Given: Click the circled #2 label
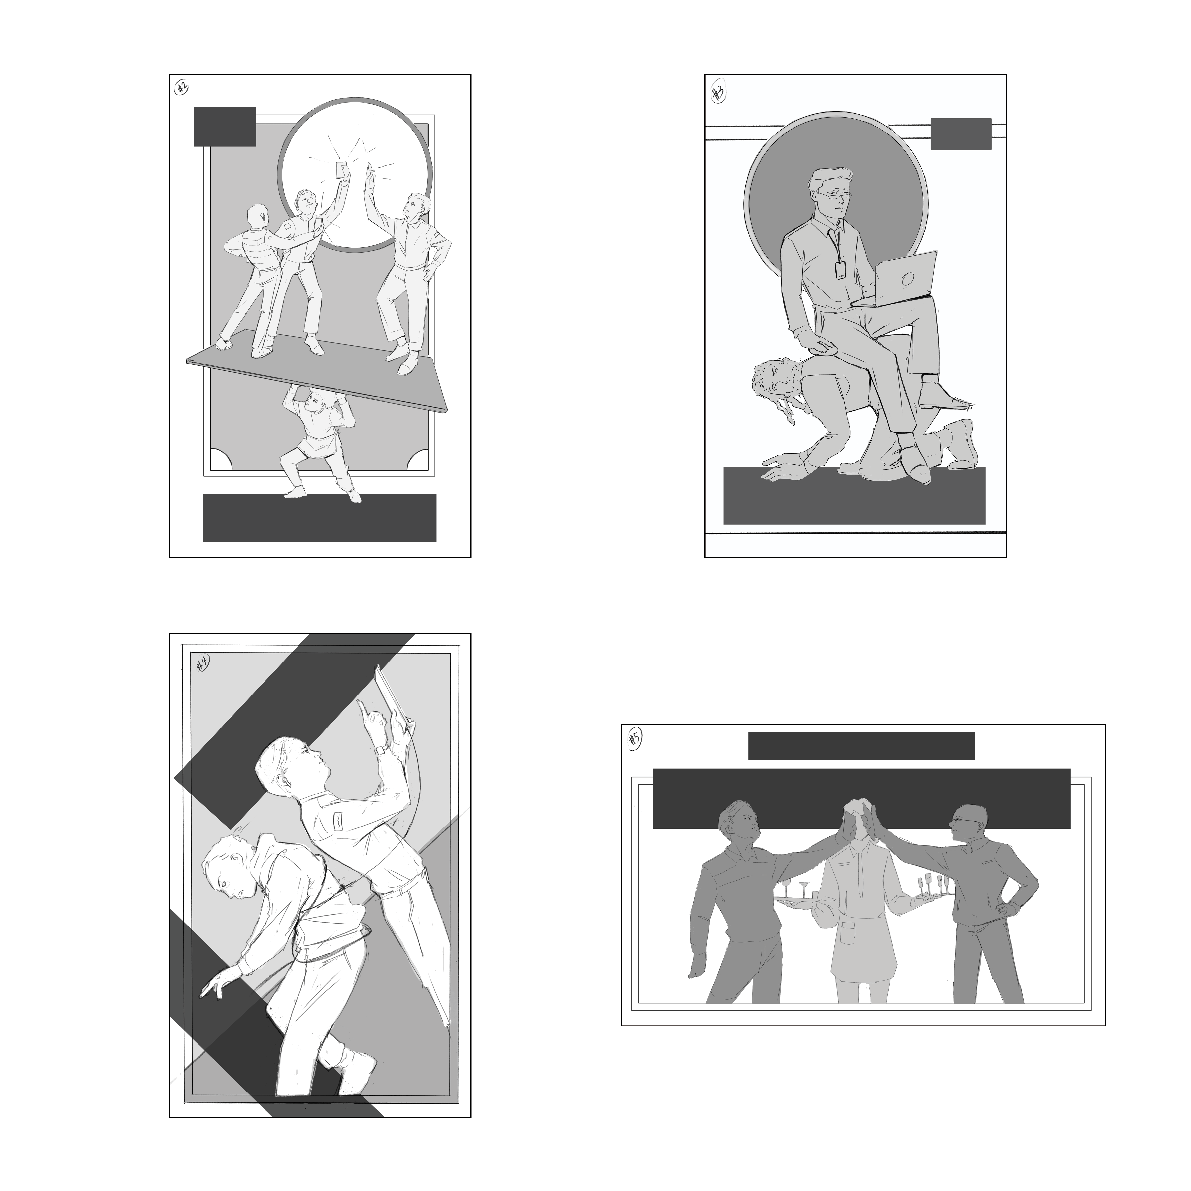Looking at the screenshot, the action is click(x=181, y=88).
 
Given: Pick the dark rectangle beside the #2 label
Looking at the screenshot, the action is click(x=225, y=126).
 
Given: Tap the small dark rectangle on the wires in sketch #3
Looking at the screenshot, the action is click(x=960, y=134).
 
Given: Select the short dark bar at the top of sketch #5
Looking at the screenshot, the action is click(x=861, y=746).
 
